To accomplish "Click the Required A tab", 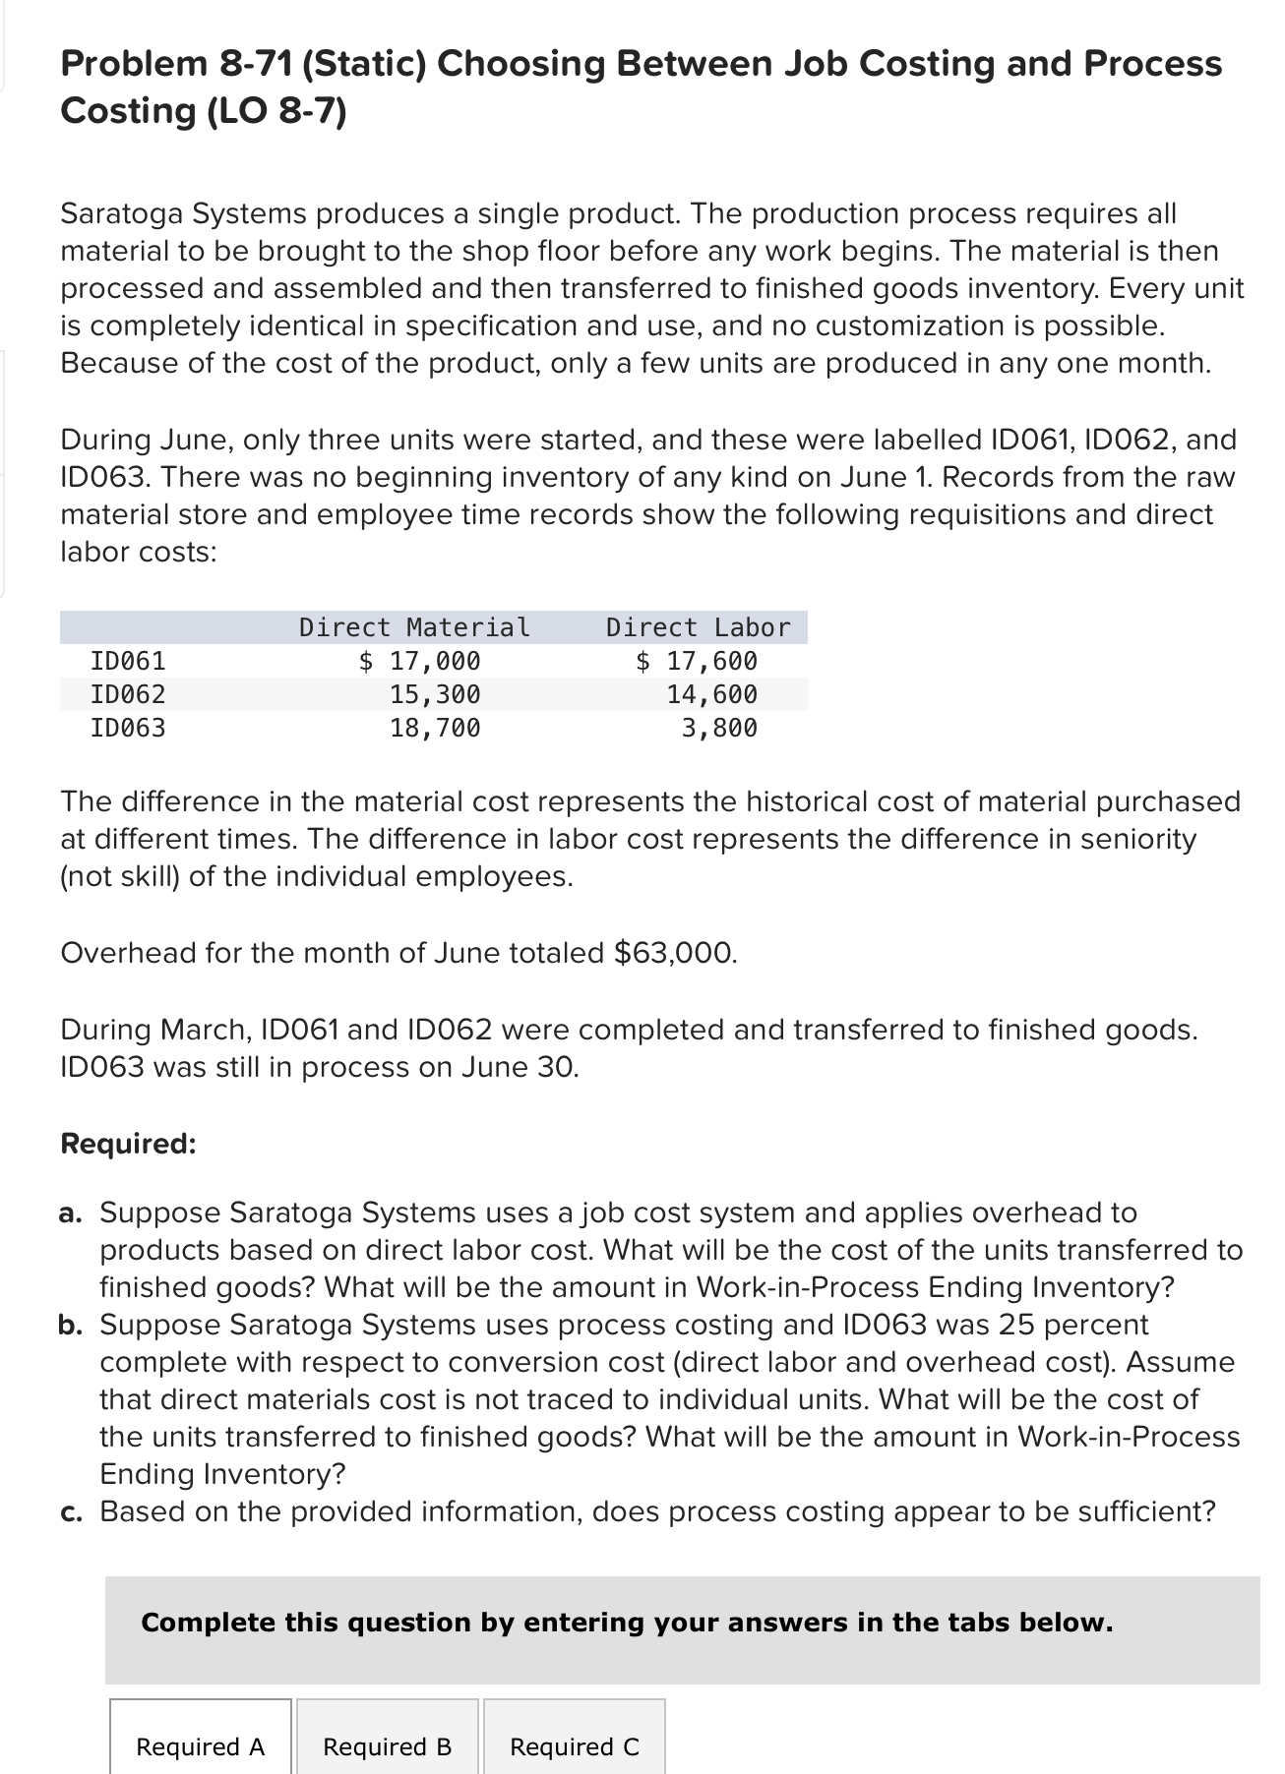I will click(200, 1746).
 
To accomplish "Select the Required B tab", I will click(387, 1746).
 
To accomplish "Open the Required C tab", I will click(574, 1746).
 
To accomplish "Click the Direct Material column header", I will click(414, 627).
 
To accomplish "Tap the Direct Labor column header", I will click(698, 627).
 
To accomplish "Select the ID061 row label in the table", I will click(128, 661).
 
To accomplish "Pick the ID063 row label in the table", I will click(128, 729).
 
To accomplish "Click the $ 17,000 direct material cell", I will click(420, 661).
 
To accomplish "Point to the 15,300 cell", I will click(435, 695).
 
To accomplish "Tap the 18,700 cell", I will click(435, 729).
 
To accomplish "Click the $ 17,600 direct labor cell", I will click(697, 661).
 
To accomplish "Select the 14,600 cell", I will click(711, 695).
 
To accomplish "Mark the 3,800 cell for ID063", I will click(719, 729).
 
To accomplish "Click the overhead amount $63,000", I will click(674, 953).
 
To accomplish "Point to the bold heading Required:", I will click(128, 1144).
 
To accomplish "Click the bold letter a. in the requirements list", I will click(70, 1213).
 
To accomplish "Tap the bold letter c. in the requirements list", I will click(70, 1511).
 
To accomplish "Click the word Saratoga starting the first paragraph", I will click(122, 213).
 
